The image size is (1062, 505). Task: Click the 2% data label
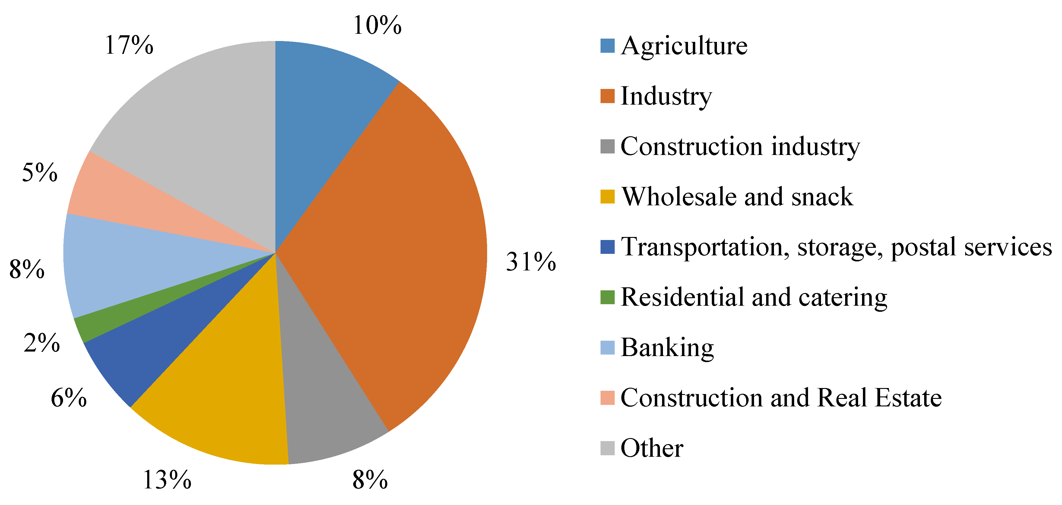(42, 343)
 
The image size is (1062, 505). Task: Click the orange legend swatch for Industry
(607, 96)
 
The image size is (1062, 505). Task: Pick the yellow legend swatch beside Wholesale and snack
(607, 197)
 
